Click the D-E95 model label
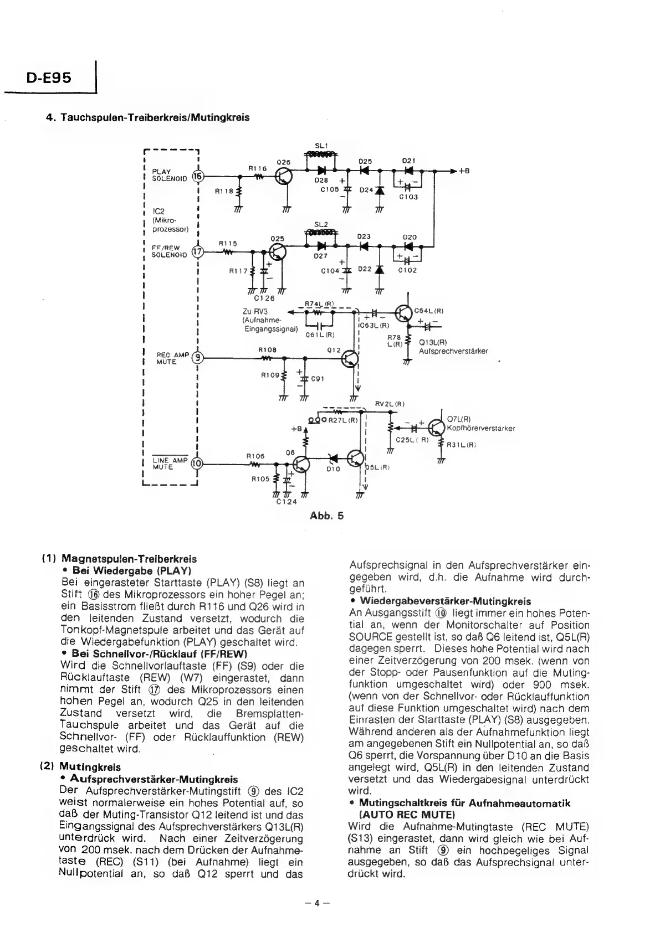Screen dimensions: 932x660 pyautogui.click(x=49, y=78)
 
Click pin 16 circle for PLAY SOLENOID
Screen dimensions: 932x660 pyautogui.click(x=197, y=176)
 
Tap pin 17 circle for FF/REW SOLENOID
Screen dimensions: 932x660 pyautogui.click(x=197, y=252)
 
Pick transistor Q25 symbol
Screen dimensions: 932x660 pyautogui.click(x=279, y=253)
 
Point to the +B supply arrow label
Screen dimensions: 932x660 pyautogui.click(x=464, y=171)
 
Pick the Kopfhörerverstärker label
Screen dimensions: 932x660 pyautogui.click(x=481, y=428)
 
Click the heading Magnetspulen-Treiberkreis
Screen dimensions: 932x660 pyautogui.click(x=129, y=559)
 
